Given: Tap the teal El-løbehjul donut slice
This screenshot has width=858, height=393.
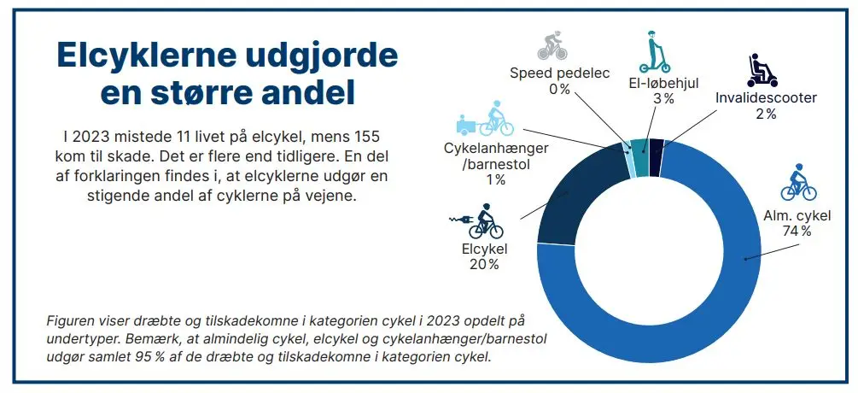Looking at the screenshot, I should tap(639, 158).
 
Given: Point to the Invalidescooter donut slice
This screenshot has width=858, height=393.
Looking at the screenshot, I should tap(656, 158).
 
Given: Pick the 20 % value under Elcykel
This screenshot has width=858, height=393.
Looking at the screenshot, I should tap(483, 264).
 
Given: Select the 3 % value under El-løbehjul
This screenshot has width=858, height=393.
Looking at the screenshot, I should tap(663, 98).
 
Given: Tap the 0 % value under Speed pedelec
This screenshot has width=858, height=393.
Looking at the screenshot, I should tap(560, 89).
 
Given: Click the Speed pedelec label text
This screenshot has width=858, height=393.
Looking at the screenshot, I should tap(560, 73).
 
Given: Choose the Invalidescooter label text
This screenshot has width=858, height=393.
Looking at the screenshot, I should tap(766, 97).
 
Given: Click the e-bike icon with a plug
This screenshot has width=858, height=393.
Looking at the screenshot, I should tap(477, 221).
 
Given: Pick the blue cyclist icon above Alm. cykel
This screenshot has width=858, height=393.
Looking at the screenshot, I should tap(797, 181).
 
